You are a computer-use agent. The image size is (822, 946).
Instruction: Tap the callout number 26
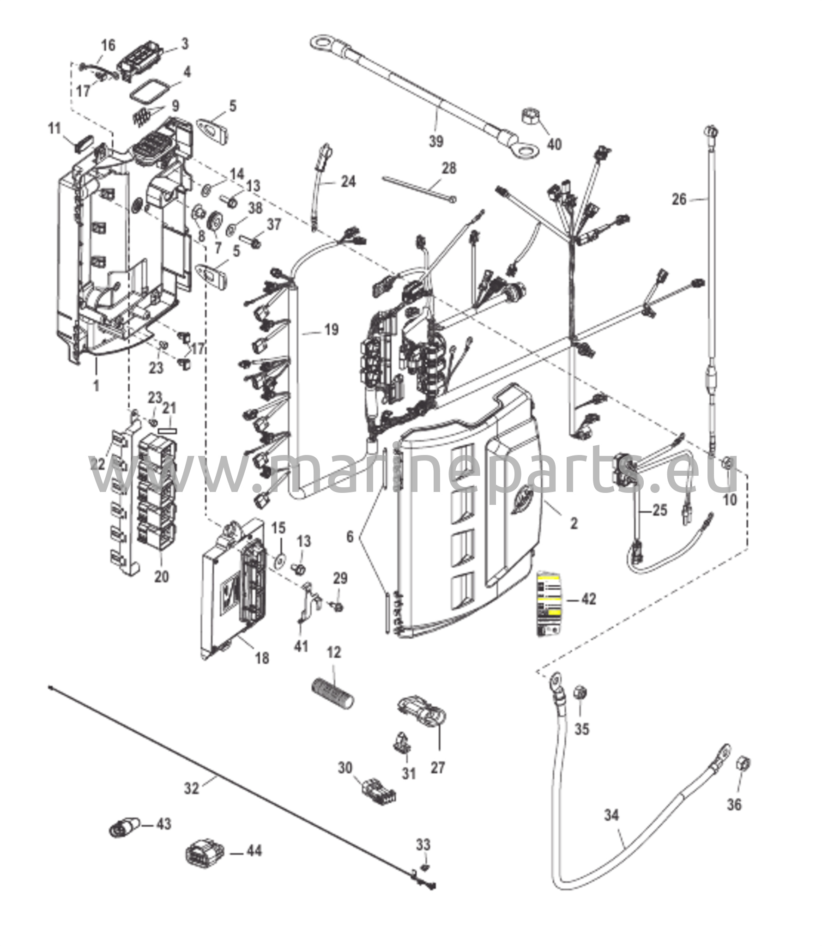pos(679,199)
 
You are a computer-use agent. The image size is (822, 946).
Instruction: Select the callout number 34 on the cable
pos(611,815)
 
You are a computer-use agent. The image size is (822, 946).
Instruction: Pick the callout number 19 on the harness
pos(331,330)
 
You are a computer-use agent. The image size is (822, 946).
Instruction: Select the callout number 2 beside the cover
pos(574,523)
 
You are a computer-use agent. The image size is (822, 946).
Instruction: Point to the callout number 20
pos(161,576)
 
